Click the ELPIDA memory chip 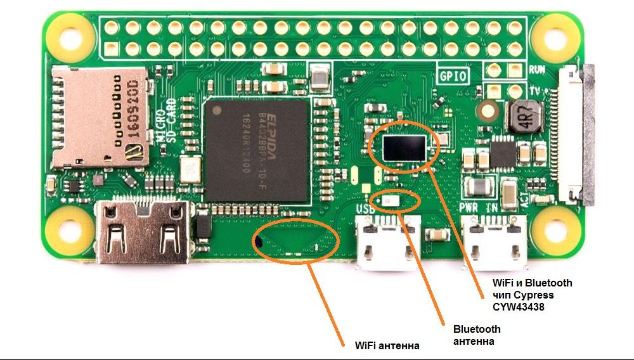pyautogui.click(x=257, y=151)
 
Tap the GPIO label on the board pyautogui.click(x=453, y=76)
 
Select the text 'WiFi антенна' pyautogui.click(x=387, y=346)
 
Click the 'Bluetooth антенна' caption pyautogui.click(x=477, y=335)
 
